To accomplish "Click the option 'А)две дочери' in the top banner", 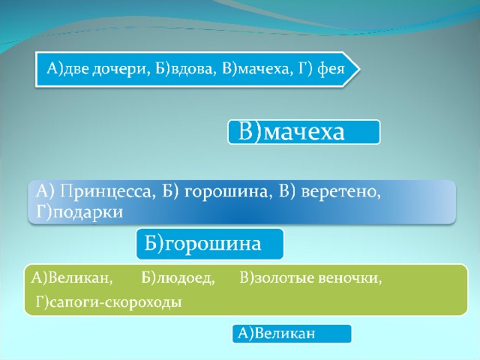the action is pos(98,69).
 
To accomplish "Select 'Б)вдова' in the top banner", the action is pos(184,69).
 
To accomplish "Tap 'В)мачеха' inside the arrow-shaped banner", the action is pos(255,69).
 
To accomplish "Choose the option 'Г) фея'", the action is pos(321,69).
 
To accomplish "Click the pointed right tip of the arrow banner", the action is pos(359,69).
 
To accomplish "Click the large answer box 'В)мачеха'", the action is pos(304,132).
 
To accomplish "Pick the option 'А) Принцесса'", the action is pos(94,192).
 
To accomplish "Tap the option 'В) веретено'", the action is pos(330,192).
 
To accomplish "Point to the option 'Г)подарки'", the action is pos(79,211).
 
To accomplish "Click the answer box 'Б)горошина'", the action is pos(210,244).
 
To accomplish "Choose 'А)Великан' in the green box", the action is pos(72,278).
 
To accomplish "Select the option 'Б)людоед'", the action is pos(178,278).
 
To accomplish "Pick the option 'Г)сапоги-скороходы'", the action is pos(109,302).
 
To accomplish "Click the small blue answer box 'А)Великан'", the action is pos(292,334).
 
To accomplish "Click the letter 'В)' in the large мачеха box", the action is pos(250,132).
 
